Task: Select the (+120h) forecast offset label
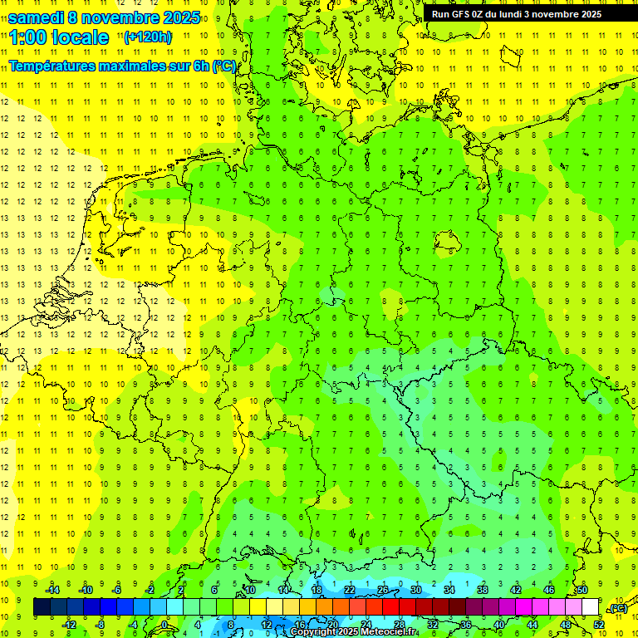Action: tap(148, 37)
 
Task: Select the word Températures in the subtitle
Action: tap(51, 65)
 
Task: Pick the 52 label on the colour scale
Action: tap(599, 625)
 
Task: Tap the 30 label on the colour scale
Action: tap(416, 590)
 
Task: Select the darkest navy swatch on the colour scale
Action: tap(42, 607)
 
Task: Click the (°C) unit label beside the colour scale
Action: tap(617, 609)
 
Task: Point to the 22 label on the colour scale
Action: tap(350, 590)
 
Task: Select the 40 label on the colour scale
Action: tap(499, 625)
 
